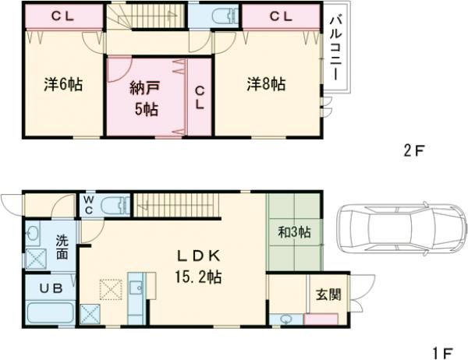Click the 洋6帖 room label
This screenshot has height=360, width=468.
[62, 83]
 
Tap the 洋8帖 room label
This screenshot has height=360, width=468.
[266, 83]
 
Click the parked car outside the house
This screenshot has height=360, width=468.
[397, 228]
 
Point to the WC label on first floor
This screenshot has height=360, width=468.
[90, 204]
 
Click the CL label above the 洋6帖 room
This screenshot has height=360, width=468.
[64, 16]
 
